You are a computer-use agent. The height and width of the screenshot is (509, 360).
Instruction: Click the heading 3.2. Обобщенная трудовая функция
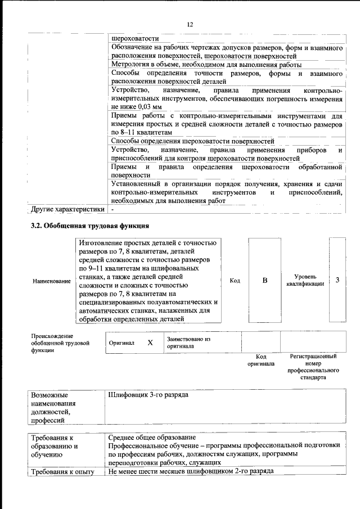tap(89, 226)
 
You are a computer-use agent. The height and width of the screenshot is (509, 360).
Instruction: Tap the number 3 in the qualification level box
tap(337, 280)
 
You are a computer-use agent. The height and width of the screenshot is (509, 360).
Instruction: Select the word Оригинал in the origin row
tap(121, 343)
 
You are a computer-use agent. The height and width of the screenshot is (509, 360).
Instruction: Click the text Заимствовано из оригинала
tap(188, 343)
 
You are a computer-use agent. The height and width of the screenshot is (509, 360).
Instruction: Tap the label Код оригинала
tap(261, 360)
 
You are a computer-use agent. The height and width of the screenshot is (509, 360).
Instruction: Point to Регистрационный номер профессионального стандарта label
tap(313, 367)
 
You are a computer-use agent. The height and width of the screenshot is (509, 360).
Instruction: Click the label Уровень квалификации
tap(305, 281)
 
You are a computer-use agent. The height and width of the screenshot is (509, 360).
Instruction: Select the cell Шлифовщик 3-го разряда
tap(148, 395)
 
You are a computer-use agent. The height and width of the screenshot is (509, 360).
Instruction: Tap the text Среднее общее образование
tap(154, 438)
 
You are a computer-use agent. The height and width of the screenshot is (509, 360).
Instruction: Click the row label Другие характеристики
tap(68, 210)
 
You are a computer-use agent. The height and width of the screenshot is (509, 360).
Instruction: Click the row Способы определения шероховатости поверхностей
tap(192, 141)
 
